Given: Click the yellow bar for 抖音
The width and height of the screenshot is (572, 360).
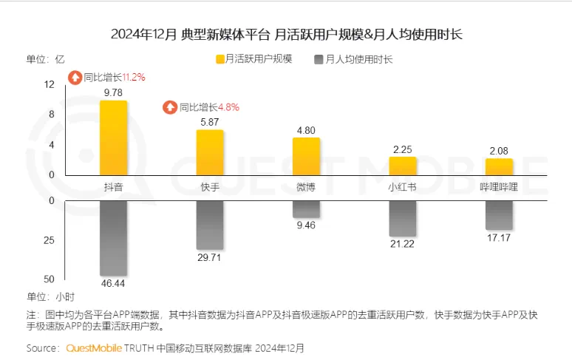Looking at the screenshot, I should coord(113,138).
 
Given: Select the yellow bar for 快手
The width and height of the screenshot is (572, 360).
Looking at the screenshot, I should coord(210,152).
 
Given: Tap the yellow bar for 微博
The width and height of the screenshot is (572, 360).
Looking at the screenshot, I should coord(306,156).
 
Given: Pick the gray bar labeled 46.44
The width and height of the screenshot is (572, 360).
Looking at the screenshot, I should coord(113,237).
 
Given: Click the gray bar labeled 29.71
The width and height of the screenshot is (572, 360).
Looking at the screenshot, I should coord(210,225).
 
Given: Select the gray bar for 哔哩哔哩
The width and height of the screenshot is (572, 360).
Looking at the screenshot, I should coord(499,215).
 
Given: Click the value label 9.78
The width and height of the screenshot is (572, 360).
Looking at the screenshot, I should coord(113,92).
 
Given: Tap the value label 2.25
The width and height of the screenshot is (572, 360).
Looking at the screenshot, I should coord(403,149).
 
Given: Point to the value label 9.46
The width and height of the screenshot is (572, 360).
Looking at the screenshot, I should coord(306,225).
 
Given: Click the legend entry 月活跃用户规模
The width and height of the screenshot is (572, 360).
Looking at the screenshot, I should coord(248,58).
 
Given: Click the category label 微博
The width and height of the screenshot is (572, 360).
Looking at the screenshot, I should coord(306,187).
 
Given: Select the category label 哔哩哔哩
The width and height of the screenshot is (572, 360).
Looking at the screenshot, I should coord(499,187).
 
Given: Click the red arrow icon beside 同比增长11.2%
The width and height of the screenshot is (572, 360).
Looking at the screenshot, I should coord(75,77).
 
